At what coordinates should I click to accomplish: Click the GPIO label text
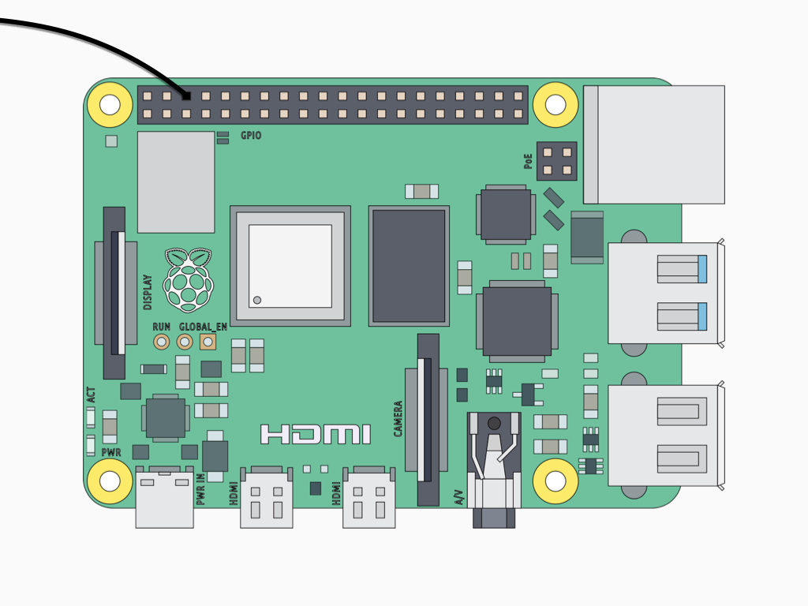251,136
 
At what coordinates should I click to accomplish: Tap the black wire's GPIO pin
186,95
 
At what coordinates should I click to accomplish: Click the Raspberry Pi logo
188,280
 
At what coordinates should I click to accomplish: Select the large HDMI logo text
316,435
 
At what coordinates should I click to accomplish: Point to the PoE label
528,161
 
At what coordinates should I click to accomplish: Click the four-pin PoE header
556,161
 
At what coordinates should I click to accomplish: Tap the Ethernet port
654,145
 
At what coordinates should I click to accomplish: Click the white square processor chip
290,266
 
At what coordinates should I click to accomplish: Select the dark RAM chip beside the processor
409,266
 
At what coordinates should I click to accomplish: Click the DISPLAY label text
148,292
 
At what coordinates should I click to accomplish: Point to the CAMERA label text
398,419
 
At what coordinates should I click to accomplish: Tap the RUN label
161,327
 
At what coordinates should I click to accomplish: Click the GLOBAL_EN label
203,327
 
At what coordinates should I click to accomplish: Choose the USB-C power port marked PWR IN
164,497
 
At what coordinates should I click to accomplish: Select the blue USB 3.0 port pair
666,294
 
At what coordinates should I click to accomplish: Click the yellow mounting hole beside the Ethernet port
555,105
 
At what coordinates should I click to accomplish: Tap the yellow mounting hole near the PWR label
110,481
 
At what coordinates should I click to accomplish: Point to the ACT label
91,395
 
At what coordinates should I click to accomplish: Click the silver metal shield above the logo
176,182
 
